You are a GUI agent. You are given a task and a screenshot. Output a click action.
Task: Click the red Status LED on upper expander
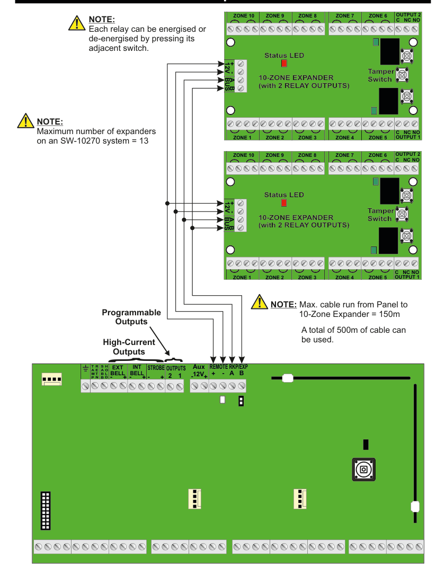pyautogui.click(x=284, y=64)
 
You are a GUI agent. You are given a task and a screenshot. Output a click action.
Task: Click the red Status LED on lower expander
pyautogui.click(x=284, y=203)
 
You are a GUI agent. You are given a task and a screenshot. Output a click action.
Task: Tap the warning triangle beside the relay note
pyautogui.click(x=77, y=23)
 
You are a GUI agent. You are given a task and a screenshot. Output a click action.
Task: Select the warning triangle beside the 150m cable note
pyautogui.click(x=260, y=302)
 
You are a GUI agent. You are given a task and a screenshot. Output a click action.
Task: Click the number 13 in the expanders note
pyautogui.click(x=144, y=141)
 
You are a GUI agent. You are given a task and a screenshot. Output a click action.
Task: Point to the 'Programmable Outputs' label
pyautogui.click(x=131, y=317)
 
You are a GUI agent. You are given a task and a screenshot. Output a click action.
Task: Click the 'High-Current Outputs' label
pyautogui.click(x=129, y=347)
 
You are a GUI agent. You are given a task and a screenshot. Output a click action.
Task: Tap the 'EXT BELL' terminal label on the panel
pyautogui.click(x=117, y=370)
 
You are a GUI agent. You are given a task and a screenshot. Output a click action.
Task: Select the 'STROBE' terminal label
pyautogui.click(x=156, y=367)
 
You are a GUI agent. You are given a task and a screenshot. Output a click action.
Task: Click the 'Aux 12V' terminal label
pyautogui.click(x=199, y=370)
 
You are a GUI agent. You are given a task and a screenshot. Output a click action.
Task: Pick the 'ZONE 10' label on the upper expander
pyautogui.click(x=243, y=16)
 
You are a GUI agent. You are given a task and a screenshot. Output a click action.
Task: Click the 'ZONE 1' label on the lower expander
pyautogui.click(x=242, y=277)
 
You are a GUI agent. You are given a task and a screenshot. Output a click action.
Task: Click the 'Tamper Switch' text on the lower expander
pyautogui.click(x=380, y=215)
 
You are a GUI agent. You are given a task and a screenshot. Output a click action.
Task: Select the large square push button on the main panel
pyautogui.click(x=363, y=470)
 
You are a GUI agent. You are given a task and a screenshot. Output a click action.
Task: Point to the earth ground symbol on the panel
pyautogui.click(x=85, y=368)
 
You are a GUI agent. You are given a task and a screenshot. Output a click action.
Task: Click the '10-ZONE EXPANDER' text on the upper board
pyautogui.click(x=296, y=77)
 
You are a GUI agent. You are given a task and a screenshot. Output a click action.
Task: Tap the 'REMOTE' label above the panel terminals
pyautogui.click(x=218, y=367)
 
